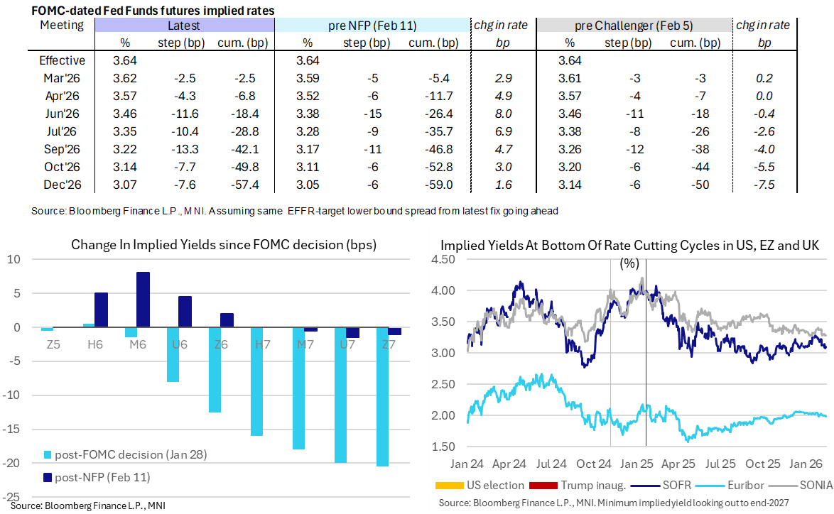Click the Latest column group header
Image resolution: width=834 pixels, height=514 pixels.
point(183,26)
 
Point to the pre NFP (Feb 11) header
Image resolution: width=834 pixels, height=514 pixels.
point(372,26)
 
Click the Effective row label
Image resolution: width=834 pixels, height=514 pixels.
point(63,60)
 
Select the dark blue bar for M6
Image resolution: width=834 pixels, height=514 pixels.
point(143,300)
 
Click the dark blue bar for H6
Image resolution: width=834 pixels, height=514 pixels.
point(101,310)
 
